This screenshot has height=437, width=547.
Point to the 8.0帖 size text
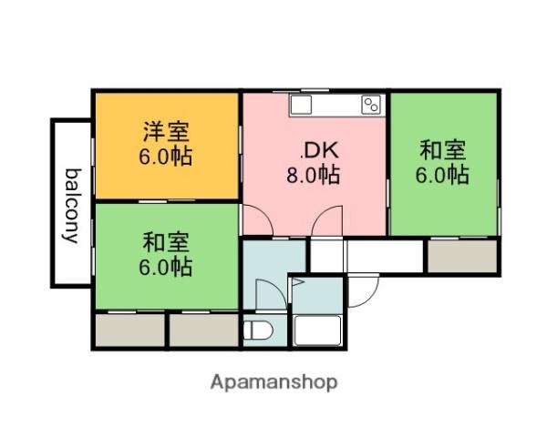click(x=314, y=175)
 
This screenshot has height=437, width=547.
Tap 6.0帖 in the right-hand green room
click(x=444, y=174)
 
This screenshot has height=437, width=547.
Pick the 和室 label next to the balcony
click(x=166, y=243)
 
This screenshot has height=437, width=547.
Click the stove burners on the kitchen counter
click(x=370, y=105)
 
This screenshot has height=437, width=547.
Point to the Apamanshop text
click(x=274, y=381)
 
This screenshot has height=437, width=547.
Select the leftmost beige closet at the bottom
click(x=129, y=329)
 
